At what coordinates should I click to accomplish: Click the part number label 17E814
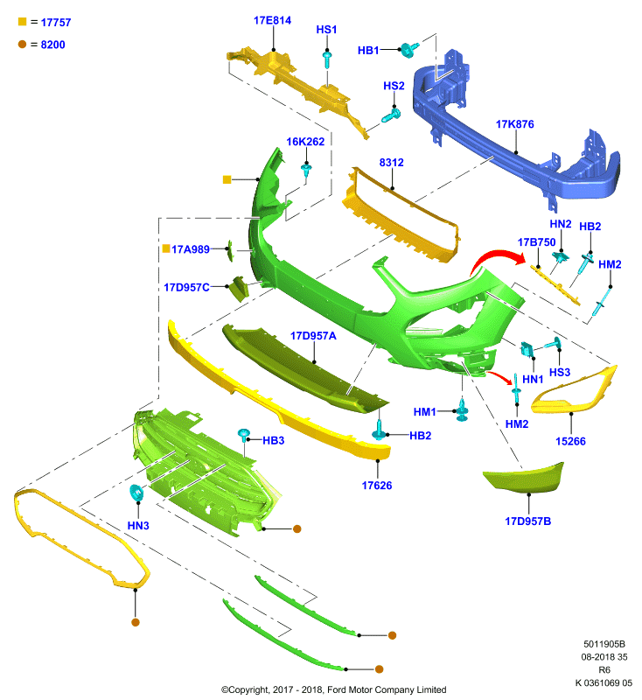tap(272, 20)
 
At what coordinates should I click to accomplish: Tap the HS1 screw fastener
tap(327, 59)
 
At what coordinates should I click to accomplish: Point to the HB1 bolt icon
tap(409, 49)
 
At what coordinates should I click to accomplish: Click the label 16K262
tap(305, 142)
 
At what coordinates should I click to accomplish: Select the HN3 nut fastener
tap(136, 493)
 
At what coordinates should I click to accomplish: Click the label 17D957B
tap(527, 521)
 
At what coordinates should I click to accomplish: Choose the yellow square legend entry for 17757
tap(23, 21)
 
